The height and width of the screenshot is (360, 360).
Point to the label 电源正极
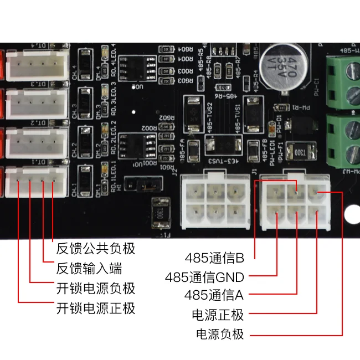click(x=218, y=315)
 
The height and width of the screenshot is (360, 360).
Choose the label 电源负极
click(x=220, y=334)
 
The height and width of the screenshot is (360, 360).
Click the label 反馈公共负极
click(x=96, y=249)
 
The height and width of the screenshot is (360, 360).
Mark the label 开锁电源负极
click(x=96, y=289)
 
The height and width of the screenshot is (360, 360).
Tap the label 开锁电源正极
click(x=96, y=308)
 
